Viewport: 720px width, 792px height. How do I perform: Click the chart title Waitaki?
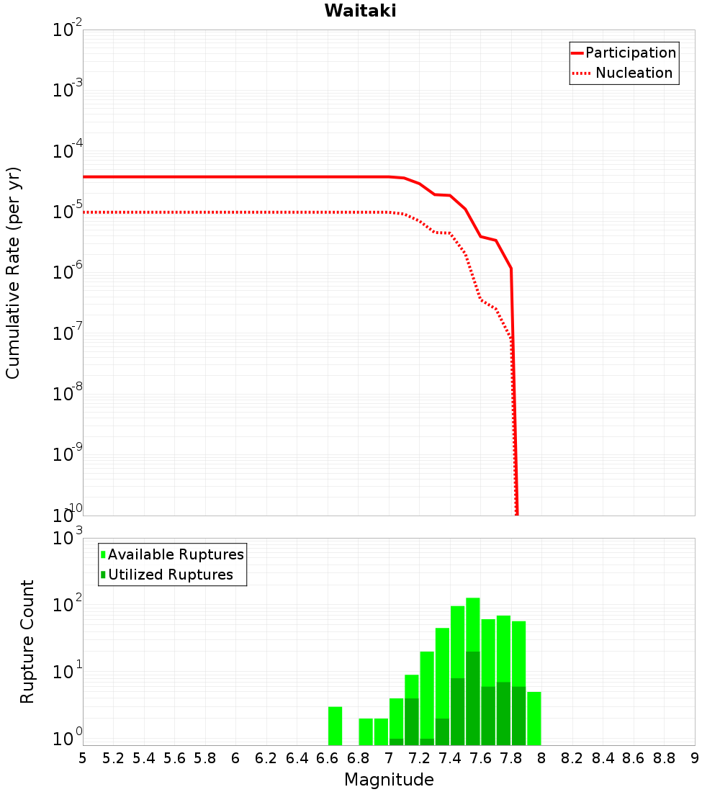point(360,12)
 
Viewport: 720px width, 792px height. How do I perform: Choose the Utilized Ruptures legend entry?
point(170,575)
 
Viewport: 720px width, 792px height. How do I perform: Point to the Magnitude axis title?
point(389,780)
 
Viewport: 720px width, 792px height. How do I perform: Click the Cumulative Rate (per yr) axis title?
point(13,273)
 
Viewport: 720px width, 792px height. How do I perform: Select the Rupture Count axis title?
point(27,642)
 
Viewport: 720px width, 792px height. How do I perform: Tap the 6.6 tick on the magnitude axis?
point(328,758)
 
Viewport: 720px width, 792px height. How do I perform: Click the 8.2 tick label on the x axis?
point(572,758)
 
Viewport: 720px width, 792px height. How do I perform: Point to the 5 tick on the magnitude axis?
point(83,758)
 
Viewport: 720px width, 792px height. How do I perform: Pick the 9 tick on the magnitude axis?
point(695,758)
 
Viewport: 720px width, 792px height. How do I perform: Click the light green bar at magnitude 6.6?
point(335,726)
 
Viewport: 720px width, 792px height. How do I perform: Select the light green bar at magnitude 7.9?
point(534,718)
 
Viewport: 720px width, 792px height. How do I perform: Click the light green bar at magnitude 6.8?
point(366,732)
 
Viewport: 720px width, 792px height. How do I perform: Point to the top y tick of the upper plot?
point(68,30)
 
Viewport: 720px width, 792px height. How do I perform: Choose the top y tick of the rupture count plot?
point(68,539)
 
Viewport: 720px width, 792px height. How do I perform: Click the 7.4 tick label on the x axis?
point(450,758)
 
